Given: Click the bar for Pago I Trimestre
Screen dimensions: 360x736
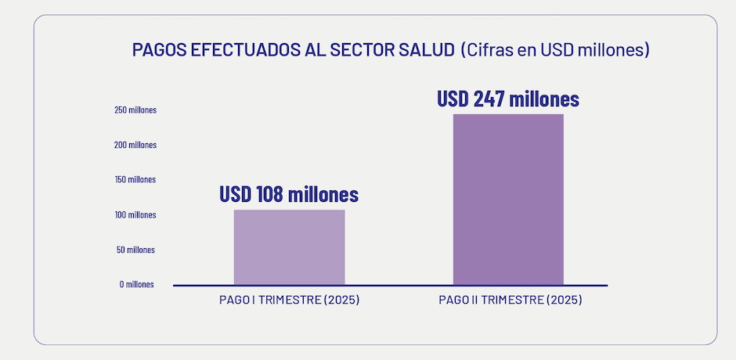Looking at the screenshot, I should click(x=289, y=247).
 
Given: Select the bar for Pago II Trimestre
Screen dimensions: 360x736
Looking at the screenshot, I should click(x=508, y=199).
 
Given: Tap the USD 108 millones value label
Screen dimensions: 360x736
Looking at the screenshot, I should click(x=289, y=194).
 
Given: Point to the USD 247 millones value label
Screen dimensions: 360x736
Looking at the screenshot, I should click(x=508, y=99).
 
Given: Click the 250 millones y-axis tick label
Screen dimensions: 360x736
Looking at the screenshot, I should click(x=135, y=110).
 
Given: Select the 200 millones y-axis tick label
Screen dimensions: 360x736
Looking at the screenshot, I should click(x=135, y=145).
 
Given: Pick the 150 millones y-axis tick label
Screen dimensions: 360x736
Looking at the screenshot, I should click(x=135, y=179).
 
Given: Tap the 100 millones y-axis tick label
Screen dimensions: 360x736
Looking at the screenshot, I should click(x=135, y=214).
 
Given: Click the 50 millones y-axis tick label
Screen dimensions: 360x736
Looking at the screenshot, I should click(x=136, y=250).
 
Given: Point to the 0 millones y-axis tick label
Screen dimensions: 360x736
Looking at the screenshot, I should click(x=137, y=284).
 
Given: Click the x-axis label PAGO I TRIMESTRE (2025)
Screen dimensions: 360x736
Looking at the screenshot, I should click(x=289, y=301).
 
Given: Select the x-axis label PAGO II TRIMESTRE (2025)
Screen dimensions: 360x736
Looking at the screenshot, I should click(x=511, y=301).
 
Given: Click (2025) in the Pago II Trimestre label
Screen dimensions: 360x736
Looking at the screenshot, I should click(x=564, y=301).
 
